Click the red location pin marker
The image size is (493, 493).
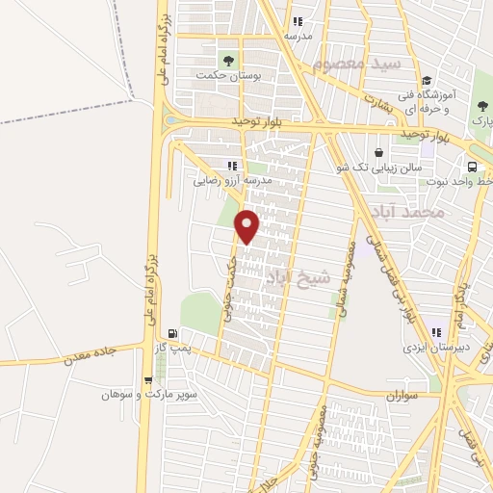click(x=247, y=226)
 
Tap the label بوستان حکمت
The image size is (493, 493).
click(x=221, y=74)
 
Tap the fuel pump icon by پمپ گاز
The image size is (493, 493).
click(x=172, y=333)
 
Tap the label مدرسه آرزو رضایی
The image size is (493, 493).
click(x=233, y=180)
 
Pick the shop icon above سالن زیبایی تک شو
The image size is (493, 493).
click(x=379, y=152)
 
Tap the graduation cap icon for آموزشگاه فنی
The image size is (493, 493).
click(x=426, y=81)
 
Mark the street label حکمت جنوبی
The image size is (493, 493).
click(x=227, y=289)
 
